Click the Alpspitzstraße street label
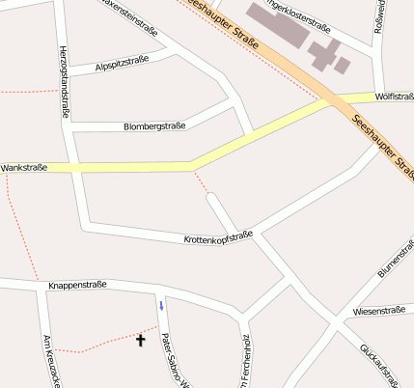pos(123,65)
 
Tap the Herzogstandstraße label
pos(64,82)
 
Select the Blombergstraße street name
pos(154,126)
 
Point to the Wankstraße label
pos(24,168)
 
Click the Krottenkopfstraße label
pos(218,236)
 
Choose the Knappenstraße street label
pos(76,286)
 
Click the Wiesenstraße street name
pos(379,311)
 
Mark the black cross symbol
pos(140,340)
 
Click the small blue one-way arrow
pos(161,305)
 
